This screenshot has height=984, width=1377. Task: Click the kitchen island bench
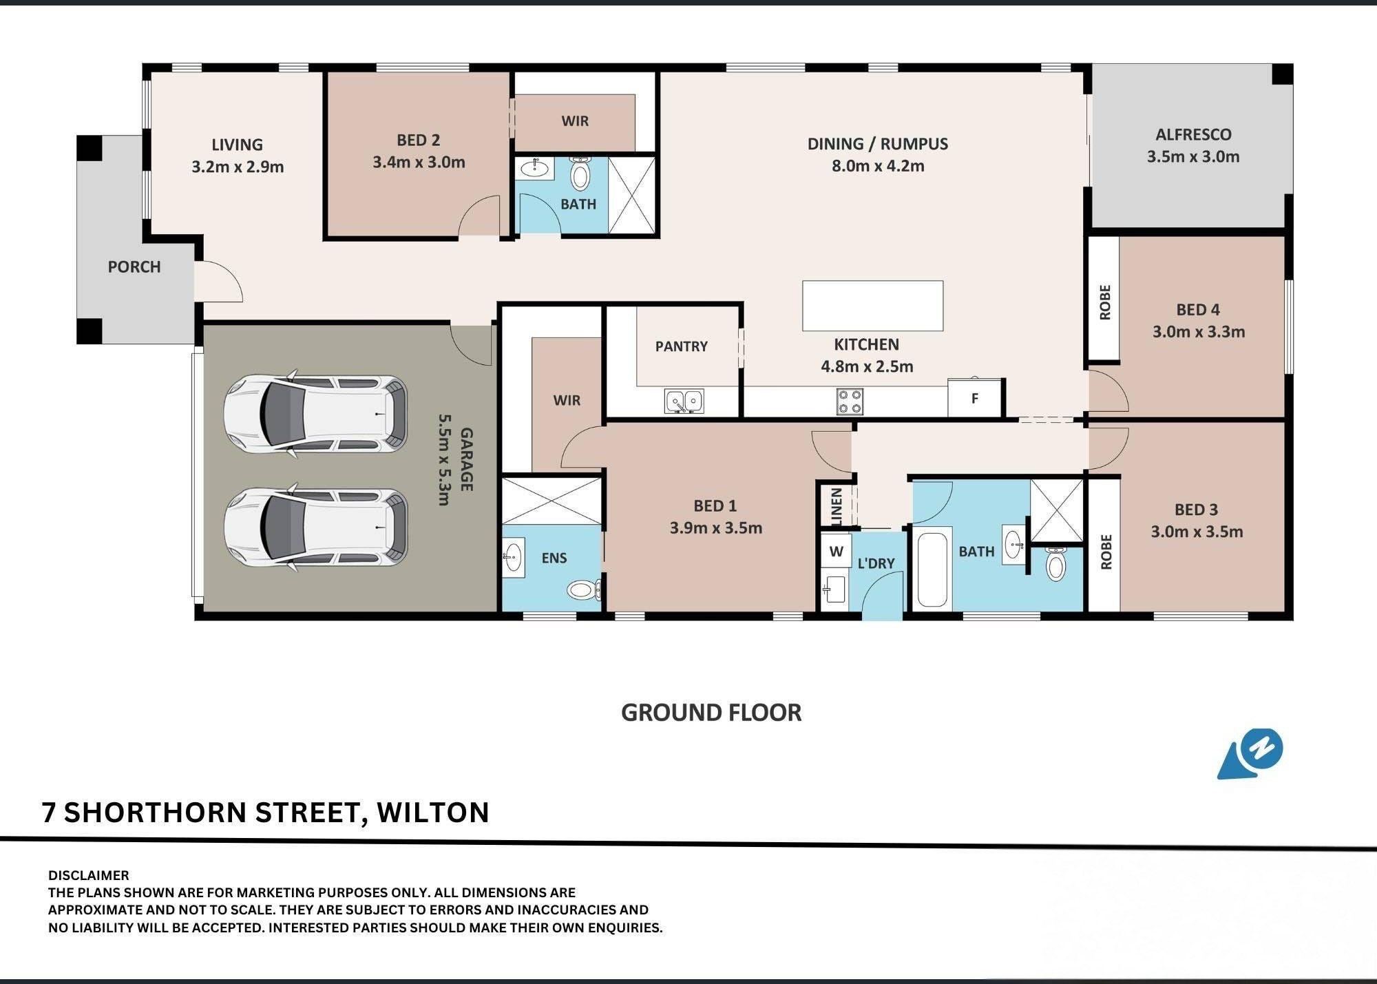tap(872, 306)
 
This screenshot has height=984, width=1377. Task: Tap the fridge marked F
tap(974, 397)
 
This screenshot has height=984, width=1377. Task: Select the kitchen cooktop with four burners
tap(850, 401)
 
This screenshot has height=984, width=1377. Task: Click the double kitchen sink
tap(684, 401)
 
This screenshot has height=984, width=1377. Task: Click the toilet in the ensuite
tap(585, 590)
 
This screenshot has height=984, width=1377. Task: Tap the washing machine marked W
tap(836, 551)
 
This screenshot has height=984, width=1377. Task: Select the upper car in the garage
tap(315, 413)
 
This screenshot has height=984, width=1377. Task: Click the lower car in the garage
tap(315, 527)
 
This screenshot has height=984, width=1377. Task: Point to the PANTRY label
tap(681, 346)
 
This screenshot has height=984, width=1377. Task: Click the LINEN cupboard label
tap(837, 507)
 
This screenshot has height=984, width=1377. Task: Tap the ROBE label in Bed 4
tap(1105, 302)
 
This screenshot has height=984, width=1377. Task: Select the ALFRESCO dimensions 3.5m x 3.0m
tap(1193, 156)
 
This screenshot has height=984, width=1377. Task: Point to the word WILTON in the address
tap(433, 813)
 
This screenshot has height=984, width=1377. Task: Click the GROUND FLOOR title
tap(711, 713)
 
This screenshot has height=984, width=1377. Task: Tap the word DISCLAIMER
tap(89, 876)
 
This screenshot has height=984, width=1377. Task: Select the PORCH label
tap(134, 266)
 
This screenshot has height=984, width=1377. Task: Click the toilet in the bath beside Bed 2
tap(580, 174)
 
